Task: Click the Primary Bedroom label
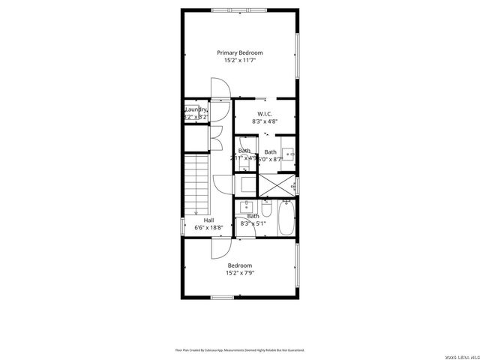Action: tap(240, 52)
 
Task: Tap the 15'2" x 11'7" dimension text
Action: tap(240, 61)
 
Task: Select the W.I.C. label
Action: tap(264, 113)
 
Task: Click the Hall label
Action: tap(209, 220)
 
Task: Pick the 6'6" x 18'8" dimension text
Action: tap(209, 227)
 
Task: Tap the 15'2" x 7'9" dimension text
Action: tap(240, 273)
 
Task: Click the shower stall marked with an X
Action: tap(276, 184)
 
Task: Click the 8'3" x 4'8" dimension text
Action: tap(264, 121)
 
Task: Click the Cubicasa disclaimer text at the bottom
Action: tap(240, 349)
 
